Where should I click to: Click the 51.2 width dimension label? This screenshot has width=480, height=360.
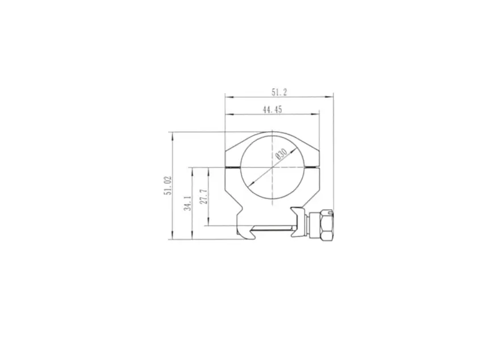pyautogui.click(x=279, y=92)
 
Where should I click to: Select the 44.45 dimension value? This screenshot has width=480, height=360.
pyautogui.click(x=273, y=110)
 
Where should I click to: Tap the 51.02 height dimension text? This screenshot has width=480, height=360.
pyautogui.click(x=168, y=185)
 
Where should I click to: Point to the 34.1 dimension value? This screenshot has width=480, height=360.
pyautogui.click(x=188, y=203)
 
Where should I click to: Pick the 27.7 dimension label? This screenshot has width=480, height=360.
pyautogui.click(x=204, y=196)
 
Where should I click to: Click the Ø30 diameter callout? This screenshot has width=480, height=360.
pyautogui.click(x=281, y=154)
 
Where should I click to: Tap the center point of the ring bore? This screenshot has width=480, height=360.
pyautogui.click(x=272, y=168)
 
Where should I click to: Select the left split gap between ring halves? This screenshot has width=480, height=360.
pyautogui.click(x=233, y=168)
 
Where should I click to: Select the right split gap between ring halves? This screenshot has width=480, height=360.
pyautogui.click(x=311, y=168)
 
